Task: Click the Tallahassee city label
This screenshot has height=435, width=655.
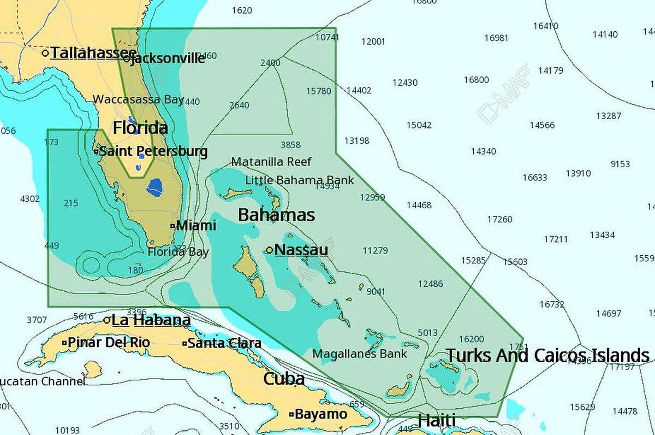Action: [x=93, y=53]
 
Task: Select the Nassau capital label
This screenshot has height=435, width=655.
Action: [x=301, y=250]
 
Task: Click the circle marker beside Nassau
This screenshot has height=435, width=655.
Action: [x=269, y=250]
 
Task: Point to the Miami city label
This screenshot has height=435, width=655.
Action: [x=196, y=225]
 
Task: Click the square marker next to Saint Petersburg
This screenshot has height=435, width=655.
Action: [x=96, y=151]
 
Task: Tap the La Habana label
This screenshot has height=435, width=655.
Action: [x=151, y=320]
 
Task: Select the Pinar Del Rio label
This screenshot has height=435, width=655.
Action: [x=109, y=343]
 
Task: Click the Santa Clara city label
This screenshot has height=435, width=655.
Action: [x=224, y=344]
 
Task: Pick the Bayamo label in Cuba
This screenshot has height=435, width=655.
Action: [x=320, y=414]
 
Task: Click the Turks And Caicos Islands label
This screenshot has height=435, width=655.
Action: [x=548, y=355]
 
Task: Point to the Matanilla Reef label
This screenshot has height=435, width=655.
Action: [x=271, y=162]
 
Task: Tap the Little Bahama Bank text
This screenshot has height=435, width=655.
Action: [x=299, y=180]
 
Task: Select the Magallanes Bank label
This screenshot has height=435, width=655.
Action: [x=360, y=354]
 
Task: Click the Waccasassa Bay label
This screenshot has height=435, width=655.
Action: [x=138, y=99]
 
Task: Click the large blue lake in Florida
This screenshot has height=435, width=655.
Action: [x=154, y=187]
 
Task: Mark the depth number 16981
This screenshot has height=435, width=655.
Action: [x=496, y=38]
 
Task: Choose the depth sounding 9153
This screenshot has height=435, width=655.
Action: [x=620, y=164]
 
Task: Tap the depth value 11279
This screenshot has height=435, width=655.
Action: [x=375, y=250]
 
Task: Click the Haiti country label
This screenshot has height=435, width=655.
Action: [x=436, y=421]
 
